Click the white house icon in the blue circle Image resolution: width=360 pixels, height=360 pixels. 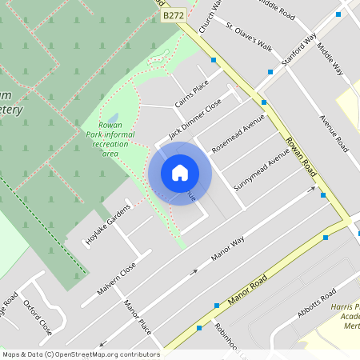180,173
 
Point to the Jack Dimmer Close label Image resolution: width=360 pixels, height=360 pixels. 194,119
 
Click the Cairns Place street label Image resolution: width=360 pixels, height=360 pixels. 193,91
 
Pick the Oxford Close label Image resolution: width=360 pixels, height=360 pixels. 38,318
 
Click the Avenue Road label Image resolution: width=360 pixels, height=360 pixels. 334,134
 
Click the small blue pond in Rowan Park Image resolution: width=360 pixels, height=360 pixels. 114,119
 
